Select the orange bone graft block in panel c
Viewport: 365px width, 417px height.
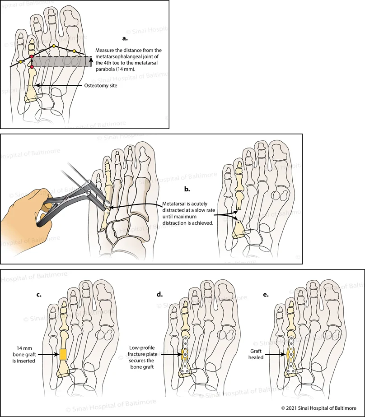[63, 355]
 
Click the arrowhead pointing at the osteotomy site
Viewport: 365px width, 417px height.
[37, 85]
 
